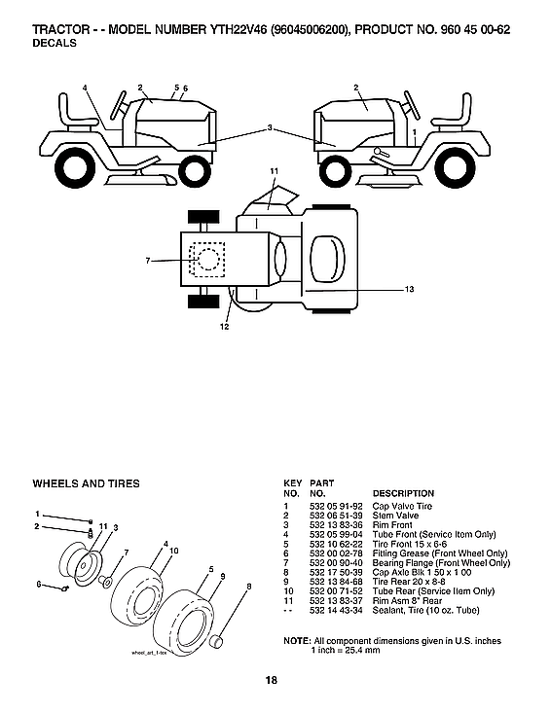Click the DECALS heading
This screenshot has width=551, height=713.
click(55, 44)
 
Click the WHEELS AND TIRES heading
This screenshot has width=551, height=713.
click(86, 483)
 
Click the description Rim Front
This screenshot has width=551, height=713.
click(393, 525)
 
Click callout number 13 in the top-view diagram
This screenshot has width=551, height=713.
click(410, 289)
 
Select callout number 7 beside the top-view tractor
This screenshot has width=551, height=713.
click(148, 260)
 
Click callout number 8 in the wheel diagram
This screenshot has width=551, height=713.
click(249, 586)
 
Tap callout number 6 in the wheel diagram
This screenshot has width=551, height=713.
click(39, 585)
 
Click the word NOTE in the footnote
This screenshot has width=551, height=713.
click(296, 640)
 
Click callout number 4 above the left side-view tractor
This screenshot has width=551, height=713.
click(86, 89)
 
